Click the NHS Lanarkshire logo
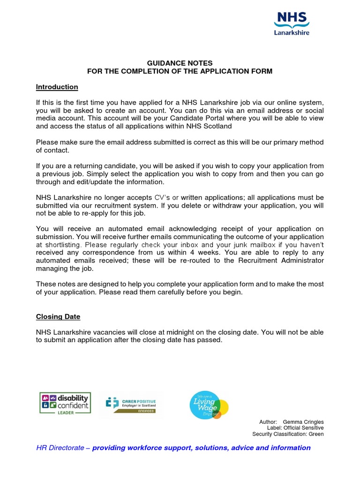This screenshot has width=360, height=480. click(x=292, y=23)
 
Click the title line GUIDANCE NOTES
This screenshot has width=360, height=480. click(x=180, y=63)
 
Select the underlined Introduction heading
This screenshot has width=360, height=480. click(x=57, y=87)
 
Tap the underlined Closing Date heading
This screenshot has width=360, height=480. click(x=58, y=317)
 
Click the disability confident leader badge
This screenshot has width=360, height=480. click(x=65, y=403)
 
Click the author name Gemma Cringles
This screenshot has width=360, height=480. click(x=303, y=422)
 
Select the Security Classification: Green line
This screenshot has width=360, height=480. click(x=288, y=434)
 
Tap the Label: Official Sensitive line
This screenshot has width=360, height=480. click(x=295, y=428)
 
